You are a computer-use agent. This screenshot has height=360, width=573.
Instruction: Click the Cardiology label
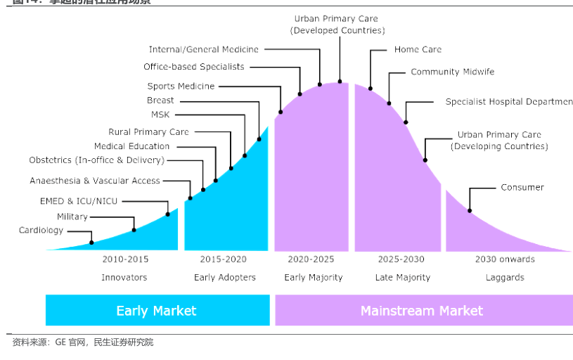41,231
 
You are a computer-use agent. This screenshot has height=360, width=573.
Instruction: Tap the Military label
72,217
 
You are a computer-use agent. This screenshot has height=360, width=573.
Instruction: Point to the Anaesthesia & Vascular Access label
95,181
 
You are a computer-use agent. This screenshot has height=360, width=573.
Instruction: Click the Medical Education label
131,146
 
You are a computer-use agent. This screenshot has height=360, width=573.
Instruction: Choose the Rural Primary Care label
148,131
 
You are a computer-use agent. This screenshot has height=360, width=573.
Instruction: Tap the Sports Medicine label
181,86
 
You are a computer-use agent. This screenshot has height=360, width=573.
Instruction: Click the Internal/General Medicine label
203,49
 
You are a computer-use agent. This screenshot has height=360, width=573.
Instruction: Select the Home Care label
418,49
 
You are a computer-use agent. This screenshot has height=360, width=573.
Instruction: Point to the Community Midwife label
453,72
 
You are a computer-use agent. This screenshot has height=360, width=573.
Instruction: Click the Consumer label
522,187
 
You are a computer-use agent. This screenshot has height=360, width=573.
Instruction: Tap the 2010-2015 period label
125,259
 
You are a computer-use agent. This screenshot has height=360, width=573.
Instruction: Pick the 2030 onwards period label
505,259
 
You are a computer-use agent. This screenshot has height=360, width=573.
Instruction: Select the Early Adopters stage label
225,277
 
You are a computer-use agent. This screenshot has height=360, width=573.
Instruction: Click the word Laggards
505,277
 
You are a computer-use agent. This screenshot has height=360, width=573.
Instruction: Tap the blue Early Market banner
157,310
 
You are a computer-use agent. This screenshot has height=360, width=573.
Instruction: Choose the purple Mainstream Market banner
422,310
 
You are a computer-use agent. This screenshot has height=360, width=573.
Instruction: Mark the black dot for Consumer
470,211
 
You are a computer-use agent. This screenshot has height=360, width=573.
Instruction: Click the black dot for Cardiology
92,243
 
